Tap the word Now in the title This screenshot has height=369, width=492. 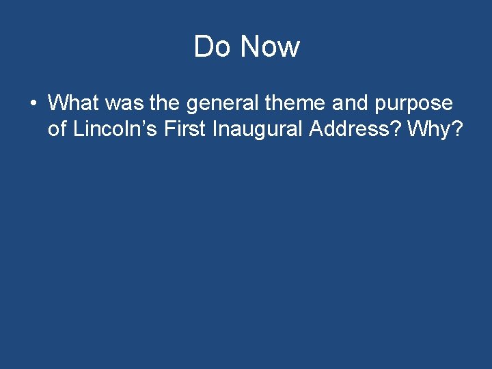coord(270,47)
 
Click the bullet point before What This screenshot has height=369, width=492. coord(33,104)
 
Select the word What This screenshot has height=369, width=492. coord(73,103)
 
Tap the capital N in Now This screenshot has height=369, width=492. coord(252,47)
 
